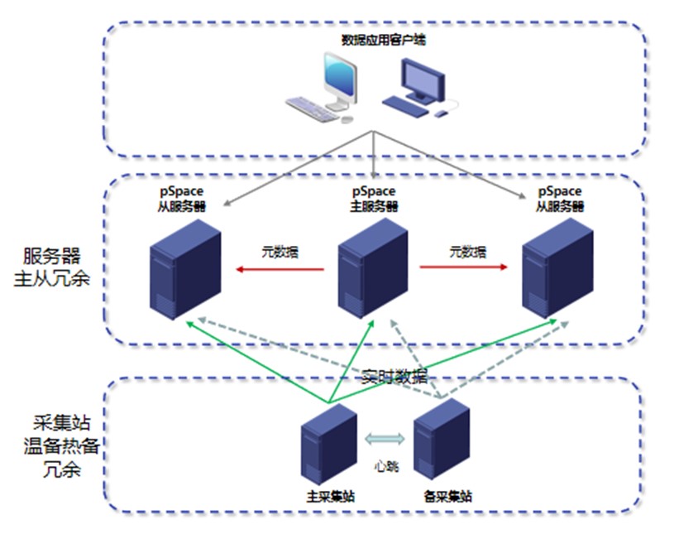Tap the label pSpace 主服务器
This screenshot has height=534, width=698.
click(375, 200)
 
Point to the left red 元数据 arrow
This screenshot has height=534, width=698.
click(277, 268)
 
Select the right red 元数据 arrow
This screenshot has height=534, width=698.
click(464, 267)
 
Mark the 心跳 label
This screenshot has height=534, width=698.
click(386, 466)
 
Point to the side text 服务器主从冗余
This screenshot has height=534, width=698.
click(55, 267)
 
